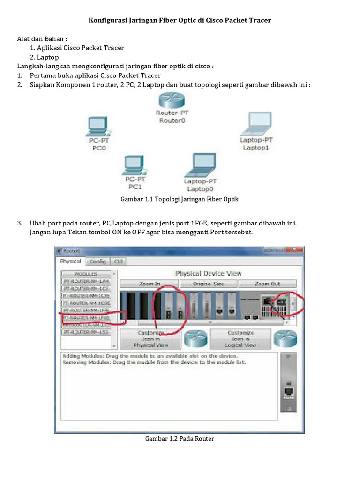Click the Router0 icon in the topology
[x=171, y=100]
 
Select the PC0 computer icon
[x=97, y=126]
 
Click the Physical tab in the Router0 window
[x=70, y=261]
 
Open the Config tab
[x=97, y=262]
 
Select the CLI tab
[x=119, y=262]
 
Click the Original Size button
[x=208, y=284]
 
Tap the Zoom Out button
[x=268, y=284]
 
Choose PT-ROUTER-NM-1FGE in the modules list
[x=86, y=317]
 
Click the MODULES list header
[x=86, y=274]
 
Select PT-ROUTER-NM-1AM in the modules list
[x=86, y=281]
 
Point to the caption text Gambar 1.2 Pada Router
[x=180, y=439]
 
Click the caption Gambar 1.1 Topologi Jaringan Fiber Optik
[x=180, y=199]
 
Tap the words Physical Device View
[x=209, y=273]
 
